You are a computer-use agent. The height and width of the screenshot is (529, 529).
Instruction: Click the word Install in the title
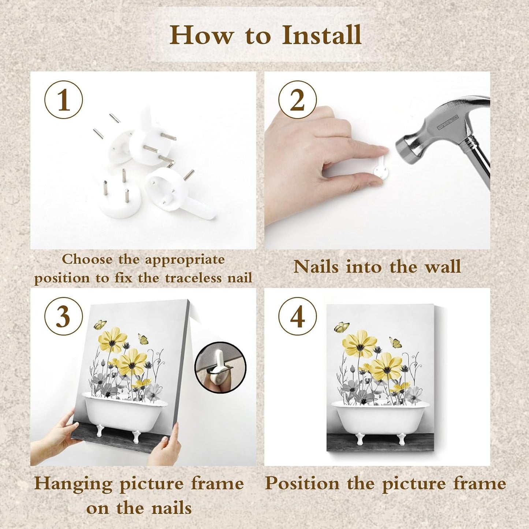(x=322, y=35)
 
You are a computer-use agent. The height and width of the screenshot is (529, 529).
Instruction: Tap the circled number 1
(x=63, y=99)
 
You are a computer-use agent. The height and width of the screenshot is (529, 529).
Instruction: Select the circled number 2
(x=298, y=99)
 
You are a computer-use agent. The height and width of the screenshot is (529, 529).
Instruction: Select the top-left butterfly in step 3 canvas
(x=100, y=325)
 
